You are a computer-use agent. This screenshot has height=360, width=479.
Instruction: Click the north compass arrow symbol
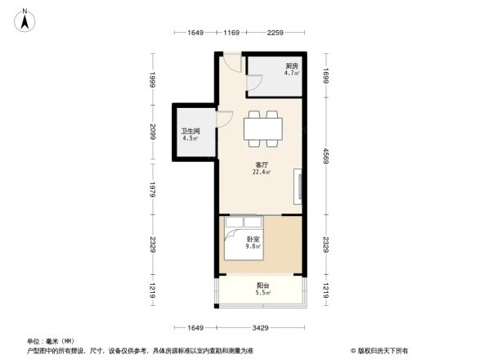coord(26,19)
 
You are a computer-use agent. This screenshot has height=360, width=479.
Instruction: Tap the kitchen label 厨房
coord(291,66)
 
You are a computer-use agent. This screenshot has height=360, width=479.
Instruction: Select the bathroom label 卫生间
coord(190,131)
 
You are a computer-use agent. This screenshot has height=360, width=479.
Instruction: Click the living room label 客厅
coord(262,164)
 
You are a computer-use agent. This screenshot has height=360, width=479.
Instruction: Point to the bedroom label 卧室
coord(254,239)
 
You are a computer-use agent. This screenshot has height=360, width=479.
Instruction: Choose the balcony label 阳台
coord(262,286)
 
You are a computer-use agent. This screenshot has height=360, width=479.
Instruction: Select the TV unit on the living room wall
coord(300,187)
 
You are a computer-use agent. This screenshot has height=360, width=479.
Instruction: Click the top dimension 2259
coord(275,34)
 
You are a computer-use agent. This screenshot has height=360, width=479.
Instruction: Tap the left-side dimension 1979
coord(152,191)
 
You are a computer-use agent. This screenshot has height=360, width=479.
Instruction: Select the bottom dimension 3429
coord(262,327)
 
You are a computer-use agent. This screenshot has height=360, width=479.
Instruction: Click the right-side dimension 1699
coord(326,79)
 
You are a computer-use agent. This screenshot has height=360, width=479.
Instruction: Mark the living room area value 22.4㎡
coord(262,173)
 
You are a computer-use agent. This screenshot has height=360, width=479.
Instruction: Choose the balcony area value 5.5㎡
coord(262,293)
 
